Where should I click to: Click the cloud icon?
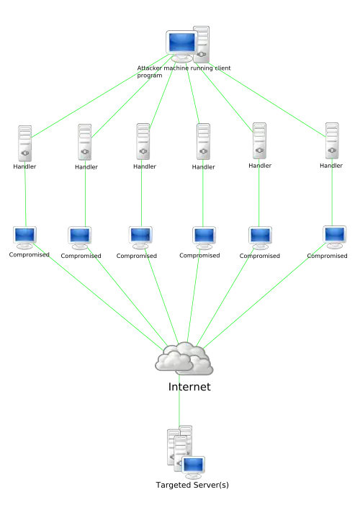[184, 359]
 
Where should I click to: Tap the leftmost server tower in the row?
[26, 142]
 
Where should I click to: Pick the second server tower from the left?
[85, 141]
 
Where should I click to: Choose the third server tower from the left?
[142, 141]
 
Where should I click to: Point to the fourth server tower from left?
[204, 141]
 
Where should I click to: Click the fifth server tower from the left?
[259, 141]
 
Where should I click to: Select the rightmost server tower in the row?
[331, 141]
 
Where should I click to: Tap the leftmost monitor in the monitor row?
[25, 236]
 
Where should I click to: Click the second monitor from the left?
[79, 237]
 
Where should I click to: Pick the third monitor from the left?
[141, 237]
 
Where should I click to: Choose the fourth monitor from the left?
[204, 237]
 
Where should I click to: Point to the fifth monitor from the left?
[261, 237]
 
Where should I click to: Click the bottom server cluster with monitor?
[186, 454]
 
